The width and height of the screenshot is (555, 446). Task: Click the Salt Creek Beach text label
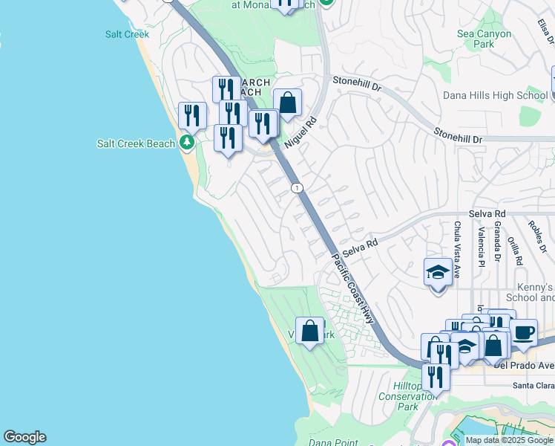tap(136, 143)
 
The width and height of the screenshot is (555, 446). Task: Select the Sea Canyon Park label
tap(485, 39)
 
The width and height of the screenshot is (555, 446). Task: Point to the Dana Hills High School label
tap(495, 95)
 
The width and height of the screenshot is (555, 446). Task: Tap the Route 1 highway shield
tap(297, 188)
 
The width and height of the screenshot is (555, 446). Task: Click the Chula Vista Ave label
tap(457, 249)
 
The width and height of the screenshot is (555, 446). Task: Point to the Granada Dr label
tap(497, 246)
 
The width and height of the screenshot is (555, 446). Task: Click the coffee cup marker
tap(524, 332)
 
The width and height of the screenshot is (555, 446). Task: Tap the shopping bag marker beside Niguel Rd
tap(287, 103)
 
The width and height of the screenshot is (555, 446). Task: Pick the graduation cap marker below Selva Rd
tap(438, 272)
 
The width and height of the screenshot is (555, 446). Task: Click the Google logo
tap(24, 437)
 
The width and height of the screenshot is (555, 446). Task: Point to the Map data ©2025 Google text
tap(508, 440)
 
